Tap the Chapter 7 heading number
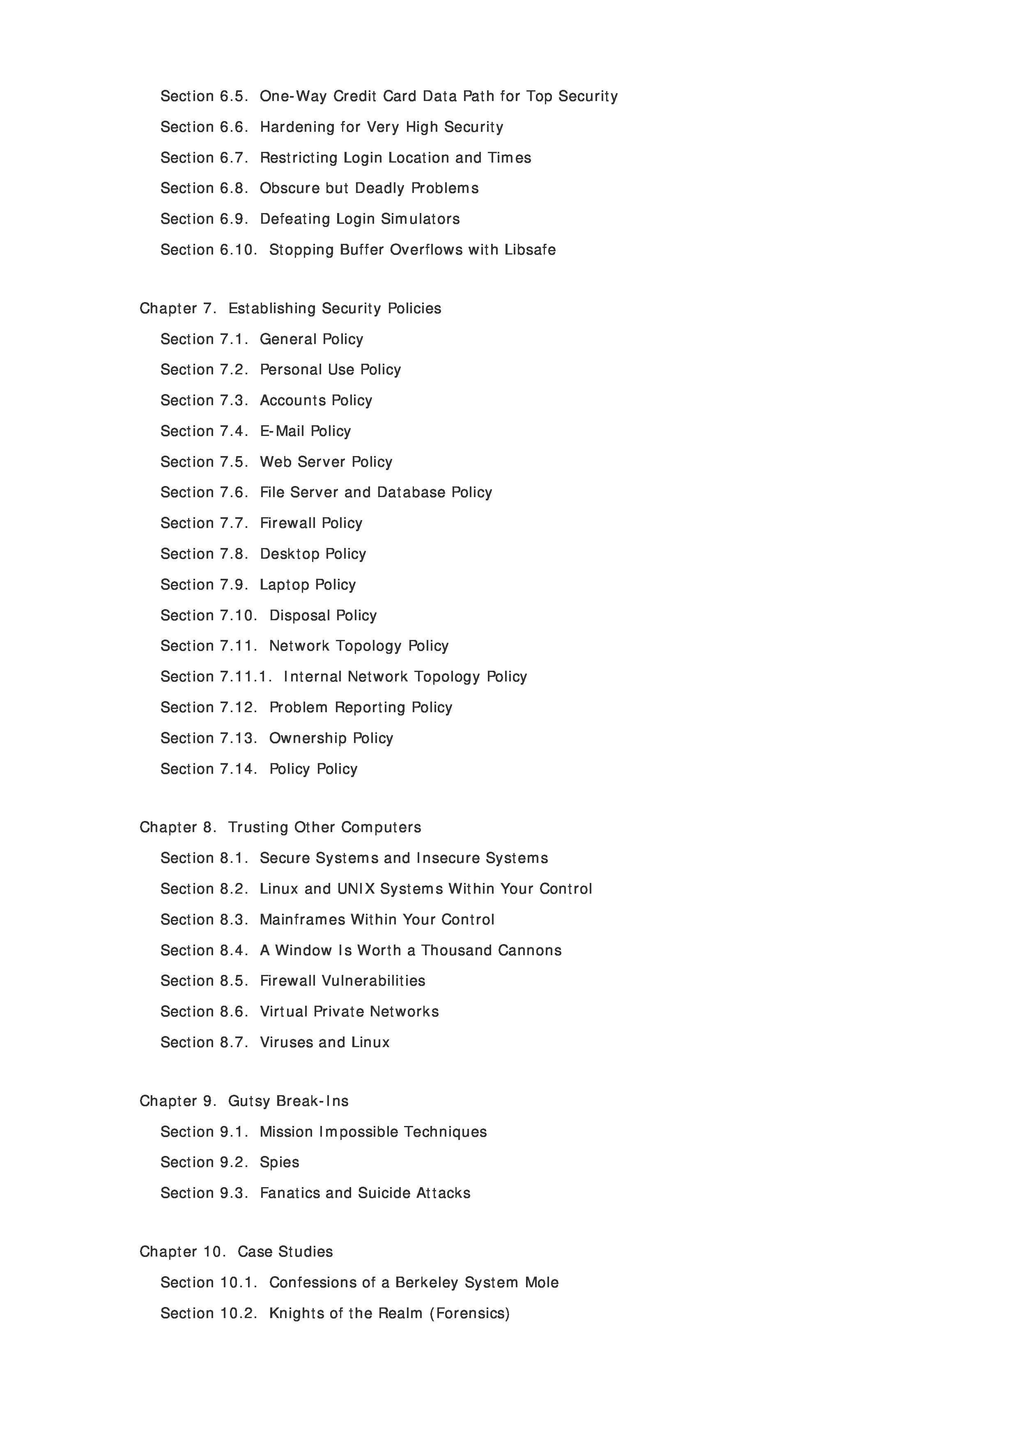pos(209,309)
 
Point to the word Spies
pos(279,1162)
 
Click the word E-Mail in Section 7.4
pos(282,431)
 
